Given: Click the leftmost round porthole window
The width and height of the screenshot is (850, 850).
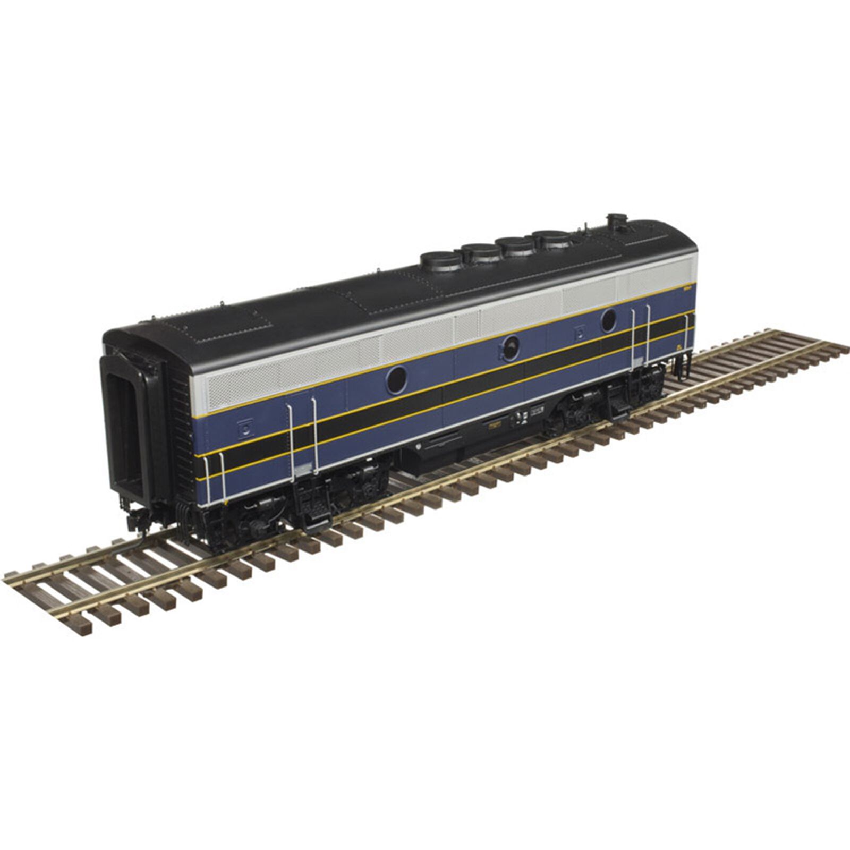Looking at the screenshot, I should [x=396, y=379].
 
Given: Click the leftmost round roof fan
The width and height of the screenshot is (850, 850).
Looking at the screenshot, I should [x=440, y=260].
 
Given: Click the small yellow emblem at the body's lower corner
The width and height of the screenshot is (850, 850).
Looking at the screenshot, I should [x=678, y=348].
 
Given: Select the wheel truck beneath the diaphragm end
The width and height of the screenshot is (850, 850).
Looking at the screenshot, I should [x=297, y=494].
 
